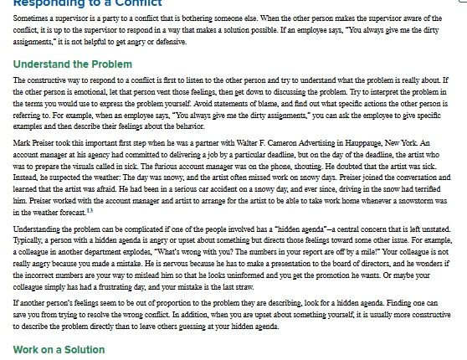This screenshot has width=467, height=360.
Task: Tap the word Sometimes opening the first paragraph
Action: pyautogui.click(x=28, y=17)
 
